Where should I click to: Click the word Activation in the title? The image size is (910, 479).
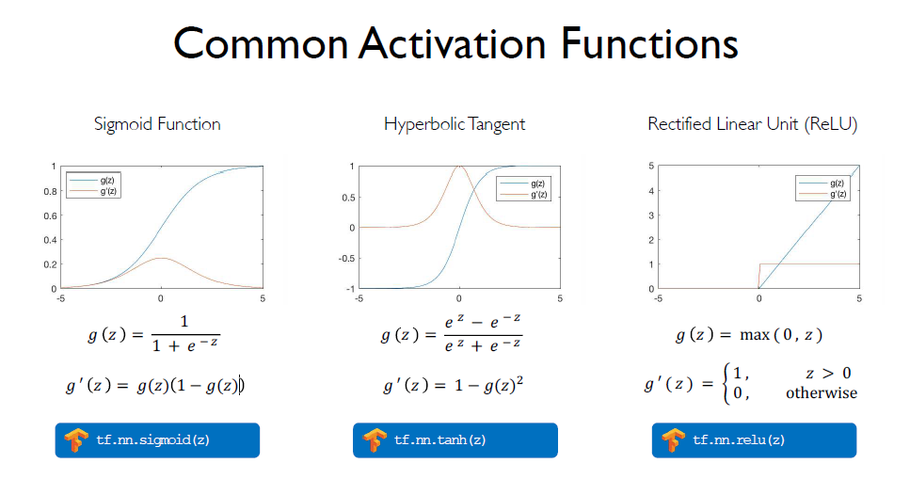click(x=452, y=43)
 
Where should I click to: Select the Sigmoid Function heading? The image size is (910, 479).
click(x=157, y=125)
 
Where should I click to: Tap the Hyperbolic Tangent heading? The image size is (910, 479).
click(x=455, y=125)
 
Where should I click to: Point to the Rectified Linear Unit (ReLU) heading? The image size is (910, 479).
click(x=753, y=125)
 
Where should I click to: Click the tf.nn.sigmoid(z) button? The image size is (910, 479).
click(x=157, y=440)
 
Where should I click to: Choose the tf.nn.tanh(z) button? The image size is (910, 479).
click(x=455, y=440)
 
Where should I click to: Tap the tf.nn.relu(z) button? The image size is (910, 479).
click(x=754, y=440)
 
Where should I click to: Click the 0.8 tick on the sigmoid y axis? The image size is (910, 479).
click(x=51, y=191)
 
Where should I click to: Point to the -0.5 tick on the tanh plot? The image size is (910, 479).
click(x=347, y=259)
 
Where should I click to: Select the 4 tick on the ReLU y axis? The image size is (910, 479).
click(x=651, y=191)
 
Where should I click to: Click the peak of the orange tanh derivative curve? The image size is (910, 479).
click(x=459, y=167)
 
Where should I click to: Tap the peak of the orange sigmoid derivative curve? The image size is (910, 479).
click(x=161, y=258)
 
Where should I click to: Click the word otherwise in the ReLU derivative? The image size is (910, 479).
click(x=822, y=393)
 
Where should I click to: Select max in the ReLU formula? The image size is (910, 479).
click(x=755, y=335)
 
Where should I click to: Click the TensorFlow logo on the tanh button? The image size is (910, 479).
click(x=375, y=440)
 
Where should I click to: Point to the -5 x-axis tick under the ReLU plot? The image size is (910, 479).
click(x=658, y=298)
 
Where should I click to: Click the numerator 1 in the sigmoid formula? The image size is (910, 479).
click(x=184, y=322)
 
